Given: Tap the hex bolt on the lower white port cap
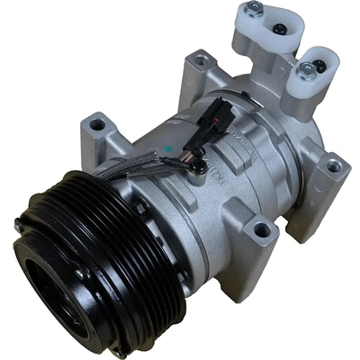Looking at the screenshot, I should point(309,67).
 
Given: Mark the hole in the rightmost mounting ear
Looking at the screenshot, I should point(333,166).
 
